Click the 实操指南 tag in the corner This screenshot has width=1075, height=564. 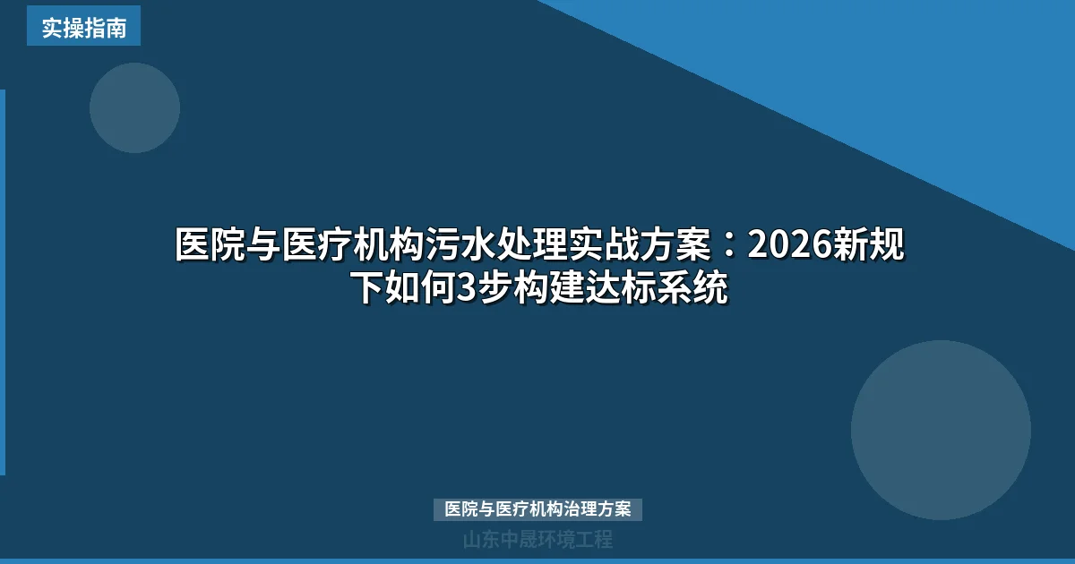point(83,27)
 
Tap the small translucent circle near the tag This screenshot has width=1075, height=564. point(134,107)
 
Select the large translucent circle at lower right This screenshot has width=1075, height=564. point(941,430)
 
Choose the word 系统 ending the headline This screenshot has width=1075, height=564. point(700,288)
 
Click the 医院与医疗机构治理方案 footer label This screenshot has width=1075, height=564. point(537,509)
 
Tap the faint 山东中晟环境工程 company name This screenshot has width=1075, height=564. point(537,540)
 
